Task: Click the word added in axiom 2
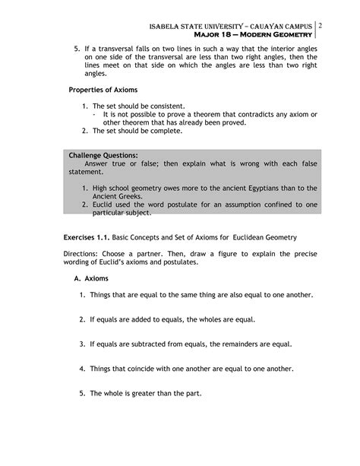(x=142, y=319)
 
